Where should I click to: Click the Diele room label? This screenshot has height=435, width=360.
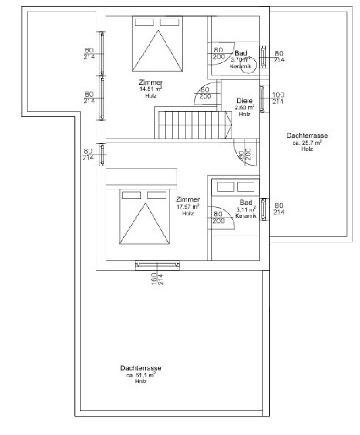[x=245, y=101]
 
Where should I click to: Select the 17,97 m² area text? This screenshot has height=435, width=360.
[x=187, y=207]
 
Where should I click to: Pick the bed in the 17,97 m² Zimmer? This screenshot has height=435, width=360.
[x=144, y=217]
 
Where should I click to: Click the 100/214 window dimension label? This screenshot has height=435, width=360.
[x=278, y=98]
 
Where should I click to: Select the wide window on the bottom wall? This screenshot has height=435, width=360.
[x=157, y=264]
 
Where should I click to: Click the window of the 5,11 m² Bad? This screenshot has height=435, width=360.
[x=263, y=209]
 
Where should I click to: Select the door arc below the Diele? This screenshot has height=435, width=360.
[x=243, y=153]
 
